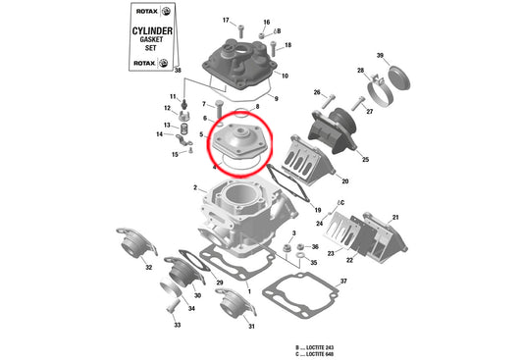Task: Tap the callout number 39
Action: (x=381, y=56)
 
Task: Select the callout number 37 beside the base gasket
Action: (x=343, y=282)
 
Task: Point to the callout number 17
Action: (x=226, y=21)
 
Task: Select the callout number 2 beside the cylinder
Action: (x=195, y=187)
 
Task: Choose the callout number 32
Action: (x=148, y=266)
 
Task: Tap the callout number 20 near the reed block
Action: (x=344, y=180)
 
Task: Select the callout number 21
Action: (x=395, y=217)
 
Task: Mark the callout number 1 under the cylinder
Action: (x=249, y=292)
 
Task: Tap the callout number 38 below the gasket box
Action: (x=178, y=72)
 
